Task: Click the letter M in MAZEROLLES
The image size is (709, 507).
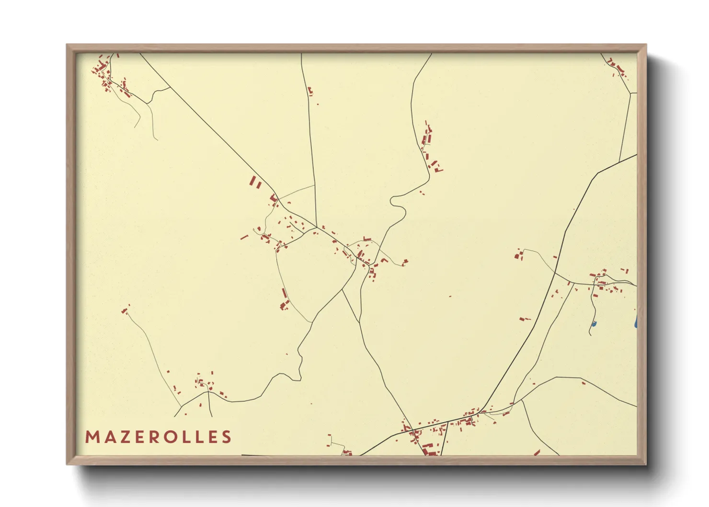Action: [91, 437]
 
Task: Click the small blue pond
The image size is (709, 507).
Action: [594, 324]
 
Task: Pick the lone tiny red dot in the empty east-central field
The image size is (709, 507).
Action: [450, 296]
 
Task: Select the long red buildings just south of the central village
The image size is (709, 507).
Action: [285, 299]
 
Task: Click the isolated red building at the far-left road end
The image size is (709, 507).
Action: [125, 311]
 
